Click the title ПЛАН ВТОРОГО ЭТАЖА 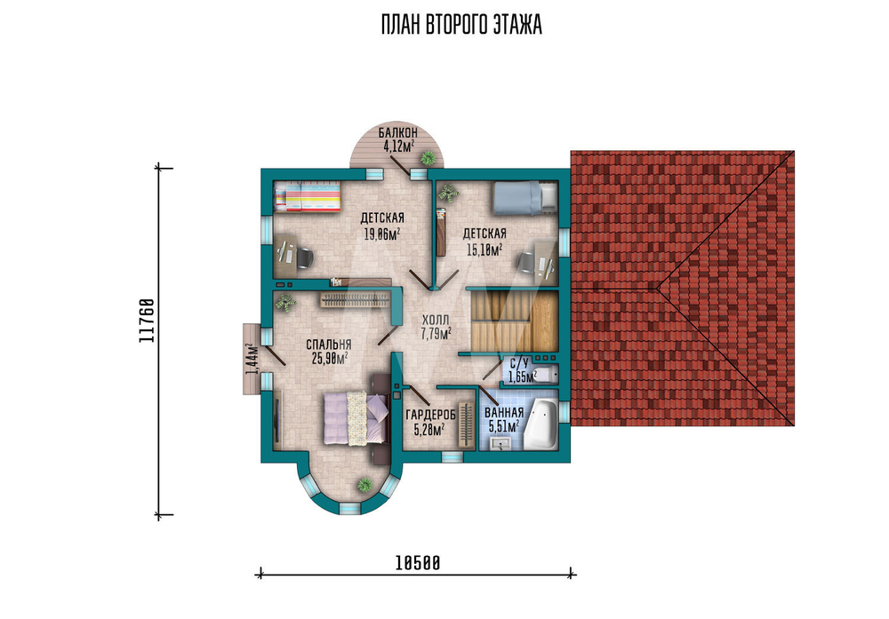pos(461,26)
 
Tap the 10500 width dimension pos(417,563)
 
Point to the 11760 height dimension pos(147,321)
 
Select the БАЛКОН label pos(398,132)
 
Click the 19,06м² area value pos(382,233)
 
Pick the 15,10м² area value pos(485,249)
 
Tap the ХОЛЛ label pos(436,320)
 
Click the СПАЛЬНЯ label pos(329,345)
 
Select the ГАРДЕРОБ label pos(431,416)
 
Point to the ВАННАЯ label pos(504,413)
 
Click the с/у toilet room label pos(519,363)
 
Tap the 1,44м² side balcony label pos(252,359)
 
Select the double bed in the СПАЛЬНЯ pos(356,417)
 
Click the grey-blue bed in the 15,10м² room pos(525,198)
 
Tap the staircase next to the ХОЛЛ pos(514,321)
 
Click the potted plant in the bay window pos(364,485)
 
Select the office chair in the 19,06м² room pos(304,258)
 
